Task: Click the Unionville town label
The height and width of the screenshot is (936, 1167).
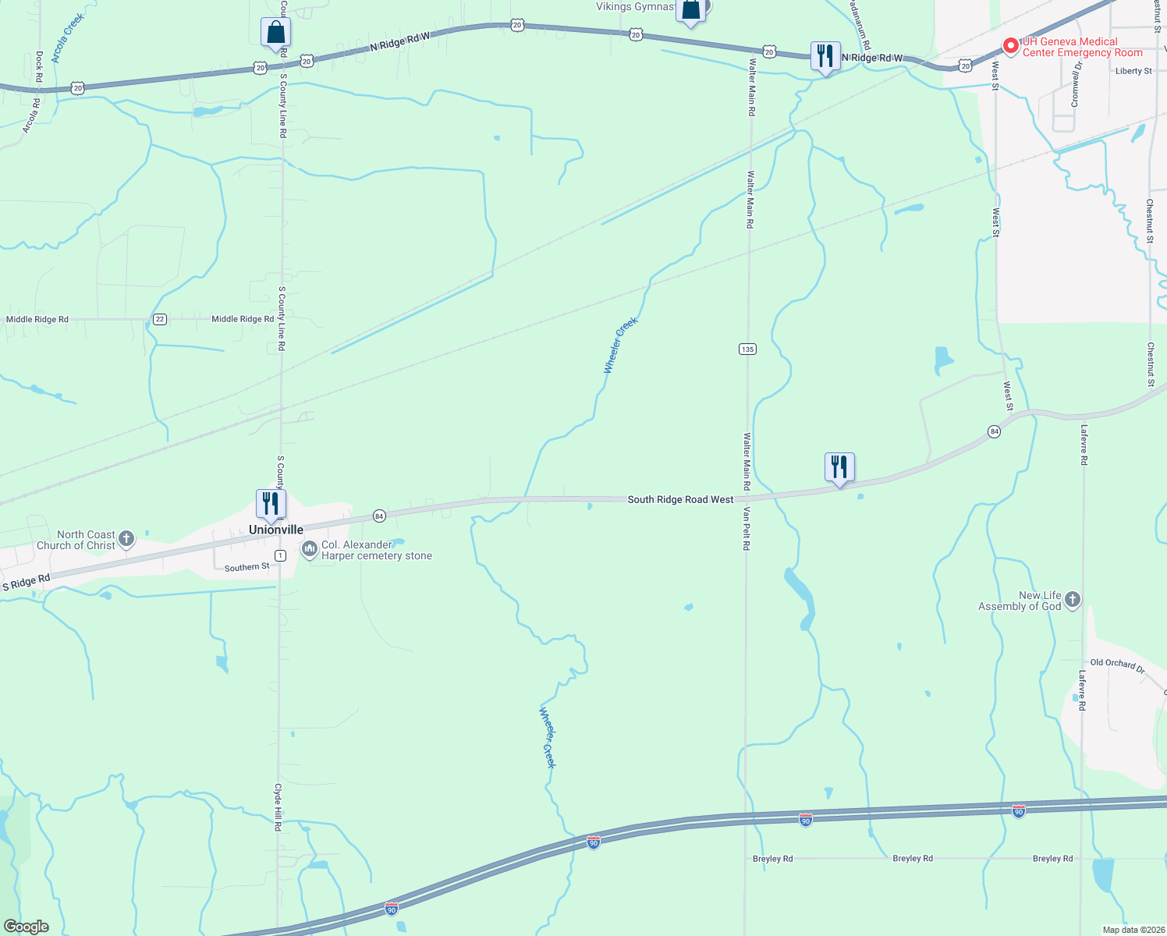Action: (x=275, y=530)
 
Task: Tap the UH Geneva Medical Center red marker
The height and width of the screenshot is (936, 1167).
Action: (x=1010, y=47)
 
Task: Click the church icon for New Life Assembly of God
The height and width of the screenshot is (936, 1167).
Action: (x=1073, y=600)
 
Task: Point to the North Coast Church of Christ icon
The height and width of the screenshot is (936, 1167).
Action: (x=126, y=539)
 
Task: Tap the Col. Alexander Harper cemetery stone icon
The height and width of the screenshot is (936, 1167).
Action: (x=310, y=550)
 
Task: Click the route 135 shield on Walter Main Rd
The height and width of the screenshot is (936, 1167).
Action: (x=747, y=349)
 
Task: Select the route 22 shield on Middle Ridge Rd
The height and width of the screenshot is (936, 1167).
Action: (x=159, y=319)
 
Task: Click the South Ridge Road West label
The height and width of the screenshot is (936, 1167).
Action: (x=680, y=499)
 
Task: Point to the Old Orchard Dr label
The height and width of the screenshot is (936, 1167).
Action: (x=1117, y=665)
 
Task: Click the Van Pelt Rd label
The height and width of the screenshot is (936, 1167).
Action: (x=746, y=529)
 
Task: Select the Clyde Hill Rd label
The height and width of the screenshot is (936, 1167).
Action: (x=277, y=807)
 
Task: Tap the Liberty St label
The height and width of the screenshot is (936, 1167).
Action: (x=1133, y=71)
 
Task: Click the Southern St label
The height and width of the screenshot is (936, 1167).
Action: (x=247, y=567)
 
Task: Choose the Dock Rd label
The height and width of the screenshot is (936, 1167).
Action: (x=39, y=67)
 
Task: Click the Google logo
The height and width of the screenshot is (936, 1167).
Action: (x=27, y=927)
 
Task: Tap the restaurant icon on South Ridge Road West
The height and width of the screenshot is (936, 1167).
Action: (x=839, y=466)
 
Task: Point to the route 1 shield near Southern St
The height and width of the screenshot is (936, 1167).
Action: (x=280, y=555)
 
